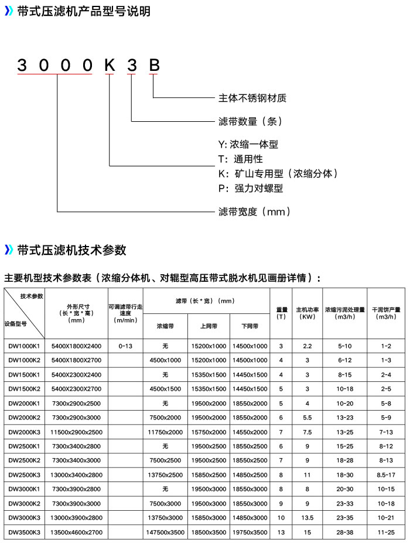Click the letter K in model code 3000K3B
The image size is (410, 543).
point(110,65)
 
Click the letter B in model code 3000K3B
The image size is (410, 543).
point(153,65)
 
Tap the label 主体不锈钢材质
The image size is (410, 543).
point(252,98)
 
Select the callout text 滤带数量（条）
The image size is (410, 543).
point(250,121)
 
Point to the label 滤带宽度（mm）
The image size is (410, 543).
point(254,211)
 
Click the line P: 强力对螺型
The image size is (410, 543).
point(251,189)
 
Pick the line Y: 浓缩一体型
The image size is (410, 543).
point(248,144)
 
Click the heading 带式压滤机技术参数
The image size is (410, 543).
point(72,250)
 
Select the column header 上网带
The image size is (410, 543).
point(209,326)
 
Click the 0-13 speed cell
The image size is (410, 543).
point(125,346)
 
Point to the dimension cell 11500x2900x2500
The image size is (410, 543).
point(77,432)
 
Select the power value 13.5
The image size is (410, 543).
point(307,518)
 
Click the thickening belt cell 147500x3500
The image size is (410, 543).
point(166,532)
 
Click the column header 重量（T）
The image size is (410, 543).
point(281,313)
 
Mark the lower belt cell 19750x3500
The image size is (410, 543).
point(250,532)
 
